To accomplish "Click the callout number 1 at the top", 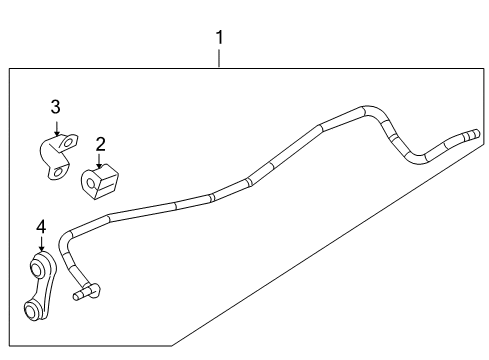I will coord(220,38).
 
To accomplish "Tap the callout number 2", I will coord(100,144).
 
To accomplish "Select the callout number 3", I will coord(56,106).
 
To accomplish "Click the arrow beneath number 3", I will coord(57,127).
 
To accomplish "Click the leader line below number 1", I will coord(220,57).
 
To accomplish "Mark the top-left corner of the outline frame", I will coord(10,67).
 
